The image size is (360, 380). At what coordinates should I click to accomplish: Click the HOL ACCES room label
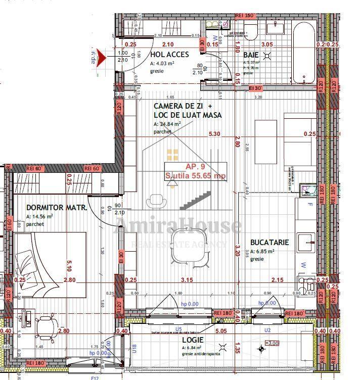[169, 55]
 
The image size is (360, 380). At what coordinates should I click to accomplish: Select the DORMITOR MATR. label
[57, 208]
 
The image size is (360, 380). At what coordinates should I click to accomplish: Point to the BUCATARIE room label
[269, 243]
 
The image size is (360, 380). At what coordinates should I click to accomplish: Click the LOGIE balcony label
[193, 340]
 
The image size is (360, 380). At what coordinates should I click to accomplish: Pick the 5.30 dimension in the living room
[215, 134]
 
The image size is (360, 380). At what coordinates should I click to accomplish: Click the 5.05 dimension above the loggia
[221, 331]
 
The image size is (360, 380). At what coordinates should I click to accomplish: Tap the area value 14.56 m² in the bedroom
[39, 216]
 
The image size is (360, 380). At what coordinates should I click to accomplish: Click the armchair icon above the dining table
[159, 201]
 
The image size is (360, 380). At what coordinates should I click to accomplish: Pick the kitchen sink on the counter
[306, 240]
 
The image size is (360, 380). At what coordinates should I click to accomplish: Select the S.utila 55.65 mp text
[196, 176]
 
